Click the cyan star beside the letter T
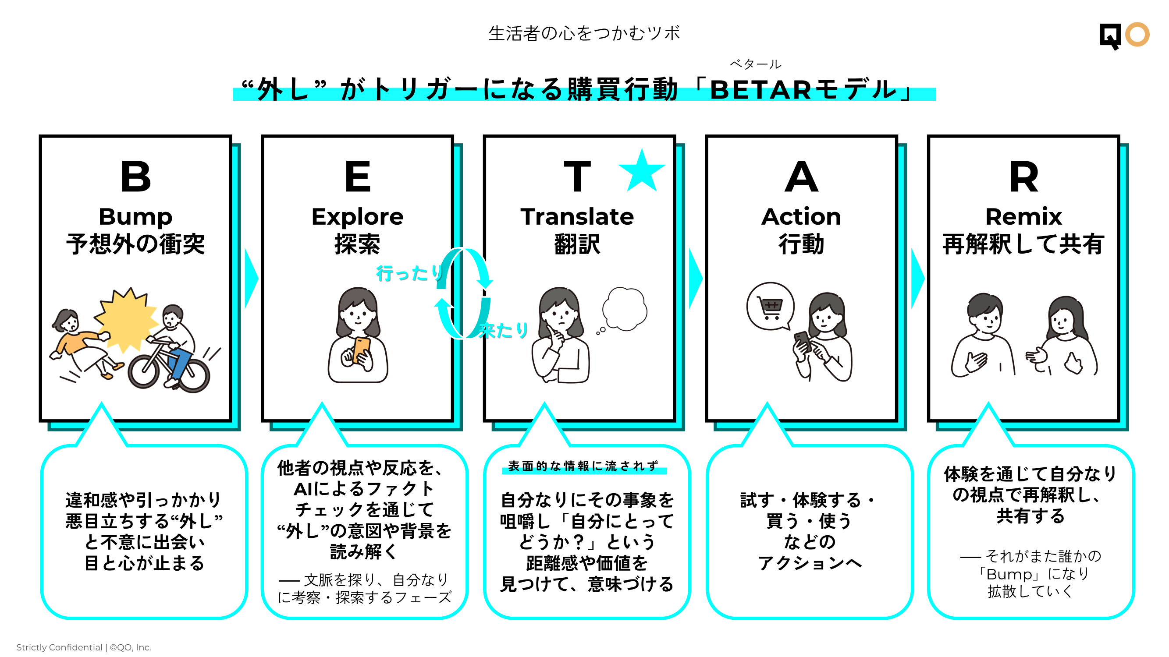pos(641,172)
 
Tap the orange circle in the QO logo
pos(1137,35)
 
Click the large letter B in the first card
pos(136,177)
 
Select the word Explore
pos(357,217)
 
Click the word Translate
pos(577,217)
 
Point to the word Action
pos(801,217)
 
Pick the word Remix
pos(1023,217)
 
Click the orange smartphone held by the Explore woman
pos(362,350)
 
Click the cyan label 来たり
pos(504,331)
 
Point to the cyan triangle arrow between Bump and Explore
pos(251,279)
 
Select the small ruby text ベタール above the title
pos(755,64)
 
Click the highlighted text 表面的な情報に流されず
pos(583,466)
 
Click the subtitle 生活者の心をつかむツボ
pos(584,34)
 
